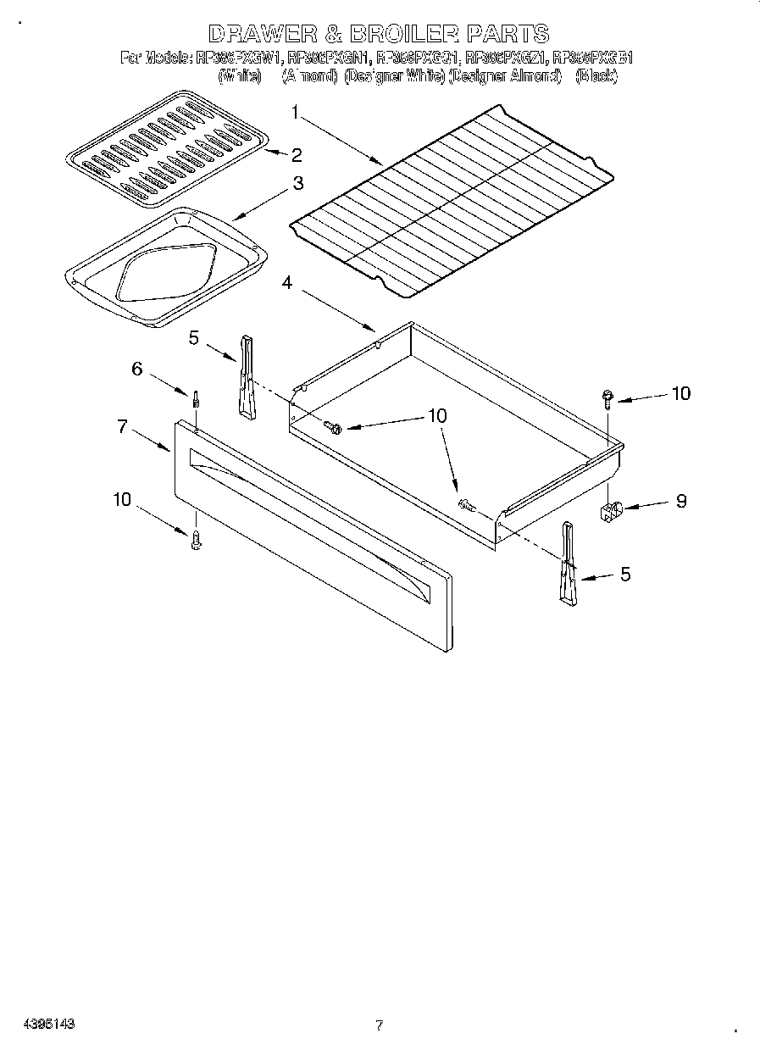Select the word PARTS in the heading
(x=508, y=34)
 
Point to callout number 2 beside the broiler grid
(x=297, y=154)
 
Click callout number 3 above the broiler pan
(x=298, y=183)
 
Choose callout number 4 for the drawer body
(x=287, y=283)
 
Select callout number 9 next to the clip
(x=680, y=501)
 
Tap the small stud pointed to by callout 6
(x=196, y=398)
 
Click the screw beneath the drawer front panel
(x=196, y=539)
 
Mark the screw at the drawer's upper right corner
(x=608, y=397)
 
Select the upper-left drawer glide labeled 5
(x=246, y=376)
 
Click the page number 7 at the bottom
(x=379, y=1025)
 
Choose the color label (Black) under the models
(x=596, y=76)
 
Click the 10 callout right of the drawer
(x=680, y=393)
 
